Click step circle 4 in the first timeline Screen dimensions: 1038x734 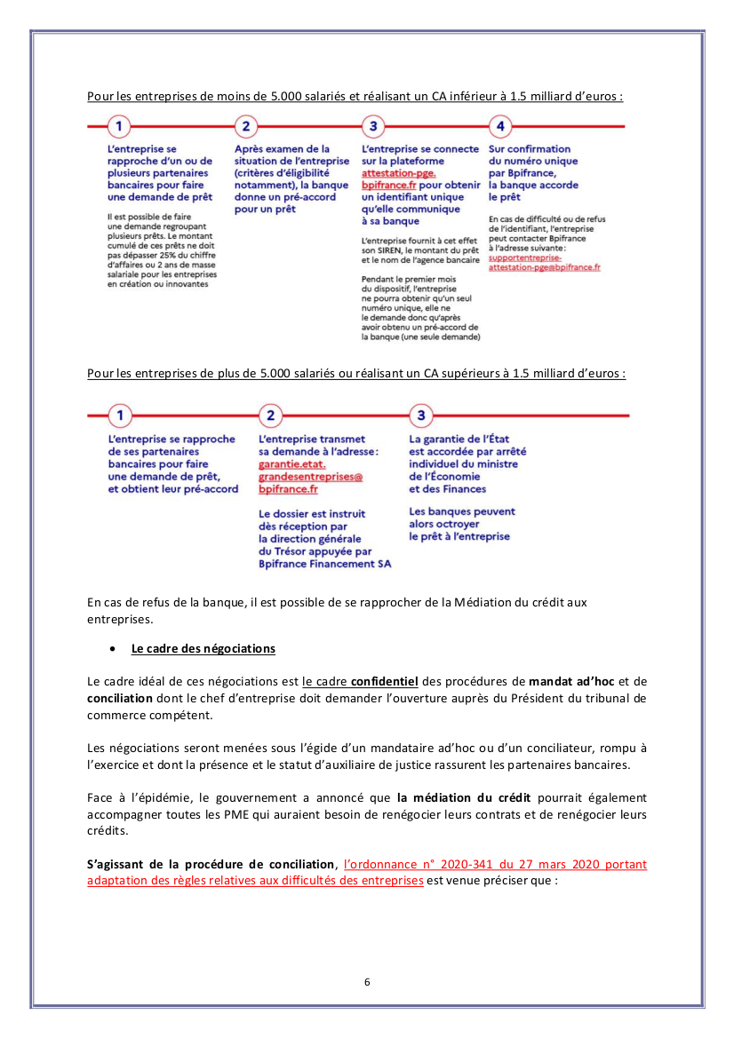coord(501,126)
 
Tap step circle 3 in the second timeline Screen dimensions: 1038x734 coord(421,415)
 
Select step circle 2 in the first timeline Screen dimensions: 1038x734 coord(247,126)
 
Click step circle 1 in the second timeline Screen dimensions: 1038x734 coord(120,415)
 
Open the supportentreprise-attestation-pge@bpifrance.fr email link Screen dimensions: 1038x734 coord(544,262)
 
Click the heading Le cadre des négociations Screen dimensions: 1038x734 coord(203,649)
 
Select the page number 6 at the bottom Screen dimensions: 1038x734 coord(367,981)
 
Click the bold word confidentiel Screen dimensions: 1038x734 coord(384,682)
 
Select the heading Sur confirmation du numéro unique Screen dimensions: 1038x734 coord(530,155)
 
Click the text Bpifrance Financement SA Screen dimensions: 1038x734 coord(324,563)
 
